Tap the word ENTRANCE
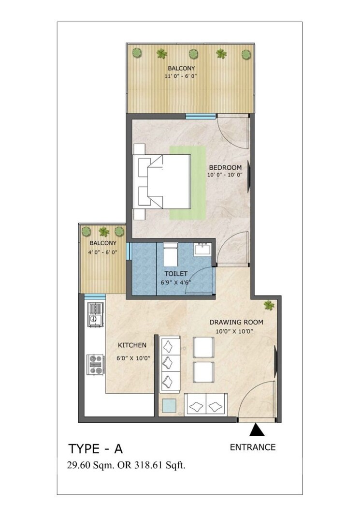pos(252,447)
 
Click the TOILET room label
pos(178,273)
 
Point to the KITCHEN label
pos(132,345)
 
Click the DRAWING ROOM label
pos(235,322)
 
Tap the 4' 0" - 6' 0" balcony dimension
pos(102,252)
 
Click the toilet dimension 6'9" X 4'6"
pos(178,282)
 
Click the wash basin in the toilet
pos(202,250)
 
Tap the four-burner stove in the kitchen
pos(95,364)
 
